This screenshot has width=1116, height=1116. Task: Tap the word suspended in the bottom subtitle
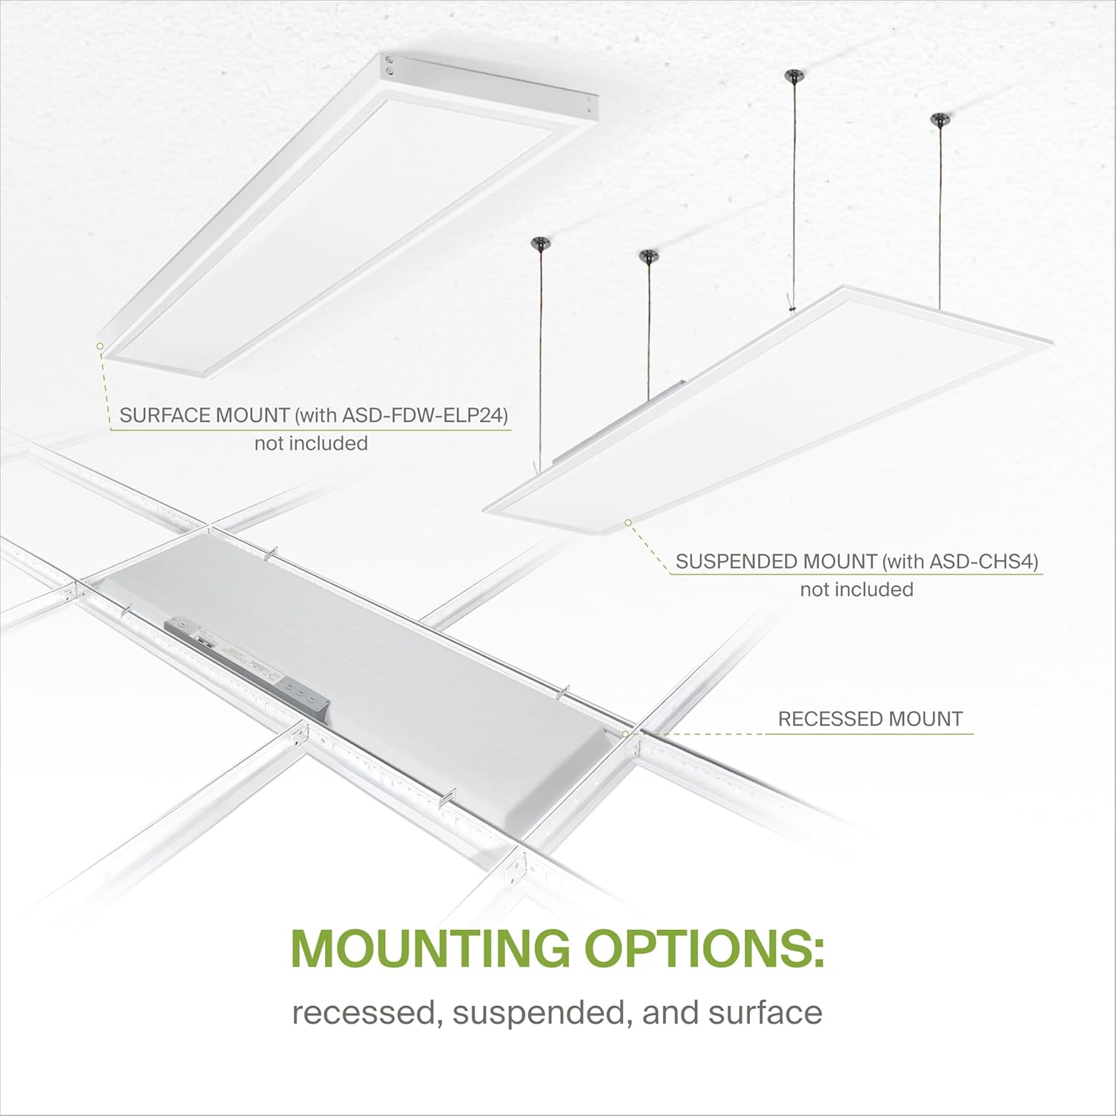coord(525,1013)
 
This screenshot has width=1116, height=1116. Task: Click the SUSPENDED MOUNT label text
coord(776,561)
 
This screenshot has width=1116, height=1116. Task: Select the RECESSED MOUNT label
coord(870,719)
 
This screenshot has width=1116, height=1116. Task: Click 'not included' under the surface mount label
coord(311,443)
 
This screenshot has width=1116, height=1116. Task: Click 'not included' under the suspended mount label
coord(856,589)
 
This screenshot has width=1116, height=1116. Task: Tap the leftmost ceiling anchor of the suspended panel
coord(537,243)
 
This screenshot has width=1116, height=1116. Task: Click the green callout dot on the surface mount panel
coord(100,345)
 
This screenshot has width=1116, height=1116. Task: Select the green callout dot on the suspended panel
coord(628,523)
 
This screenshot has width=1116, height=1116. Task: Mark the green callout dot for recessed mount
coord(626,734)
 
